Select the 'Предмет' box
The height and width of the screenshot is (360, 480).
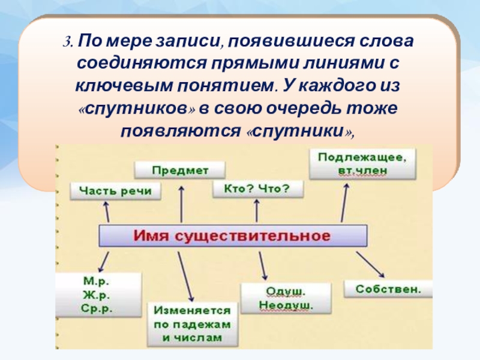tap(179, 170)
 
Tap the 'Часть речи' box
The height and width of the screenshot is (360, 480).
tap(116, 191)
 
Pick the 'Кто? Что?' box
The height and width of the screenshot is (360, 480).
tap(257, 189)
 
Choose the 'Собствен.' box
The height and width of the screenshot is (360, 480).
tap(389, 289)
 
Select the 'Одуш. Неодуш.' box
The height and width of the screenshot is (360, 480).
tap(286, 298)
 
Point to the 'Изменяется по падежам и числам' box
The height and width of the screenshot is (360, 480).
tap(192, 325)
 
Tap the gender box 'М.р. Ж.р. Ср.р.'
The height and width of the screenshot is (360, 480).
tap(98, 295)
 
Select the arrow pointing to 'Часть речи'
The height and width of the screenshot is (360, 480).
tap(106, 211)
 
